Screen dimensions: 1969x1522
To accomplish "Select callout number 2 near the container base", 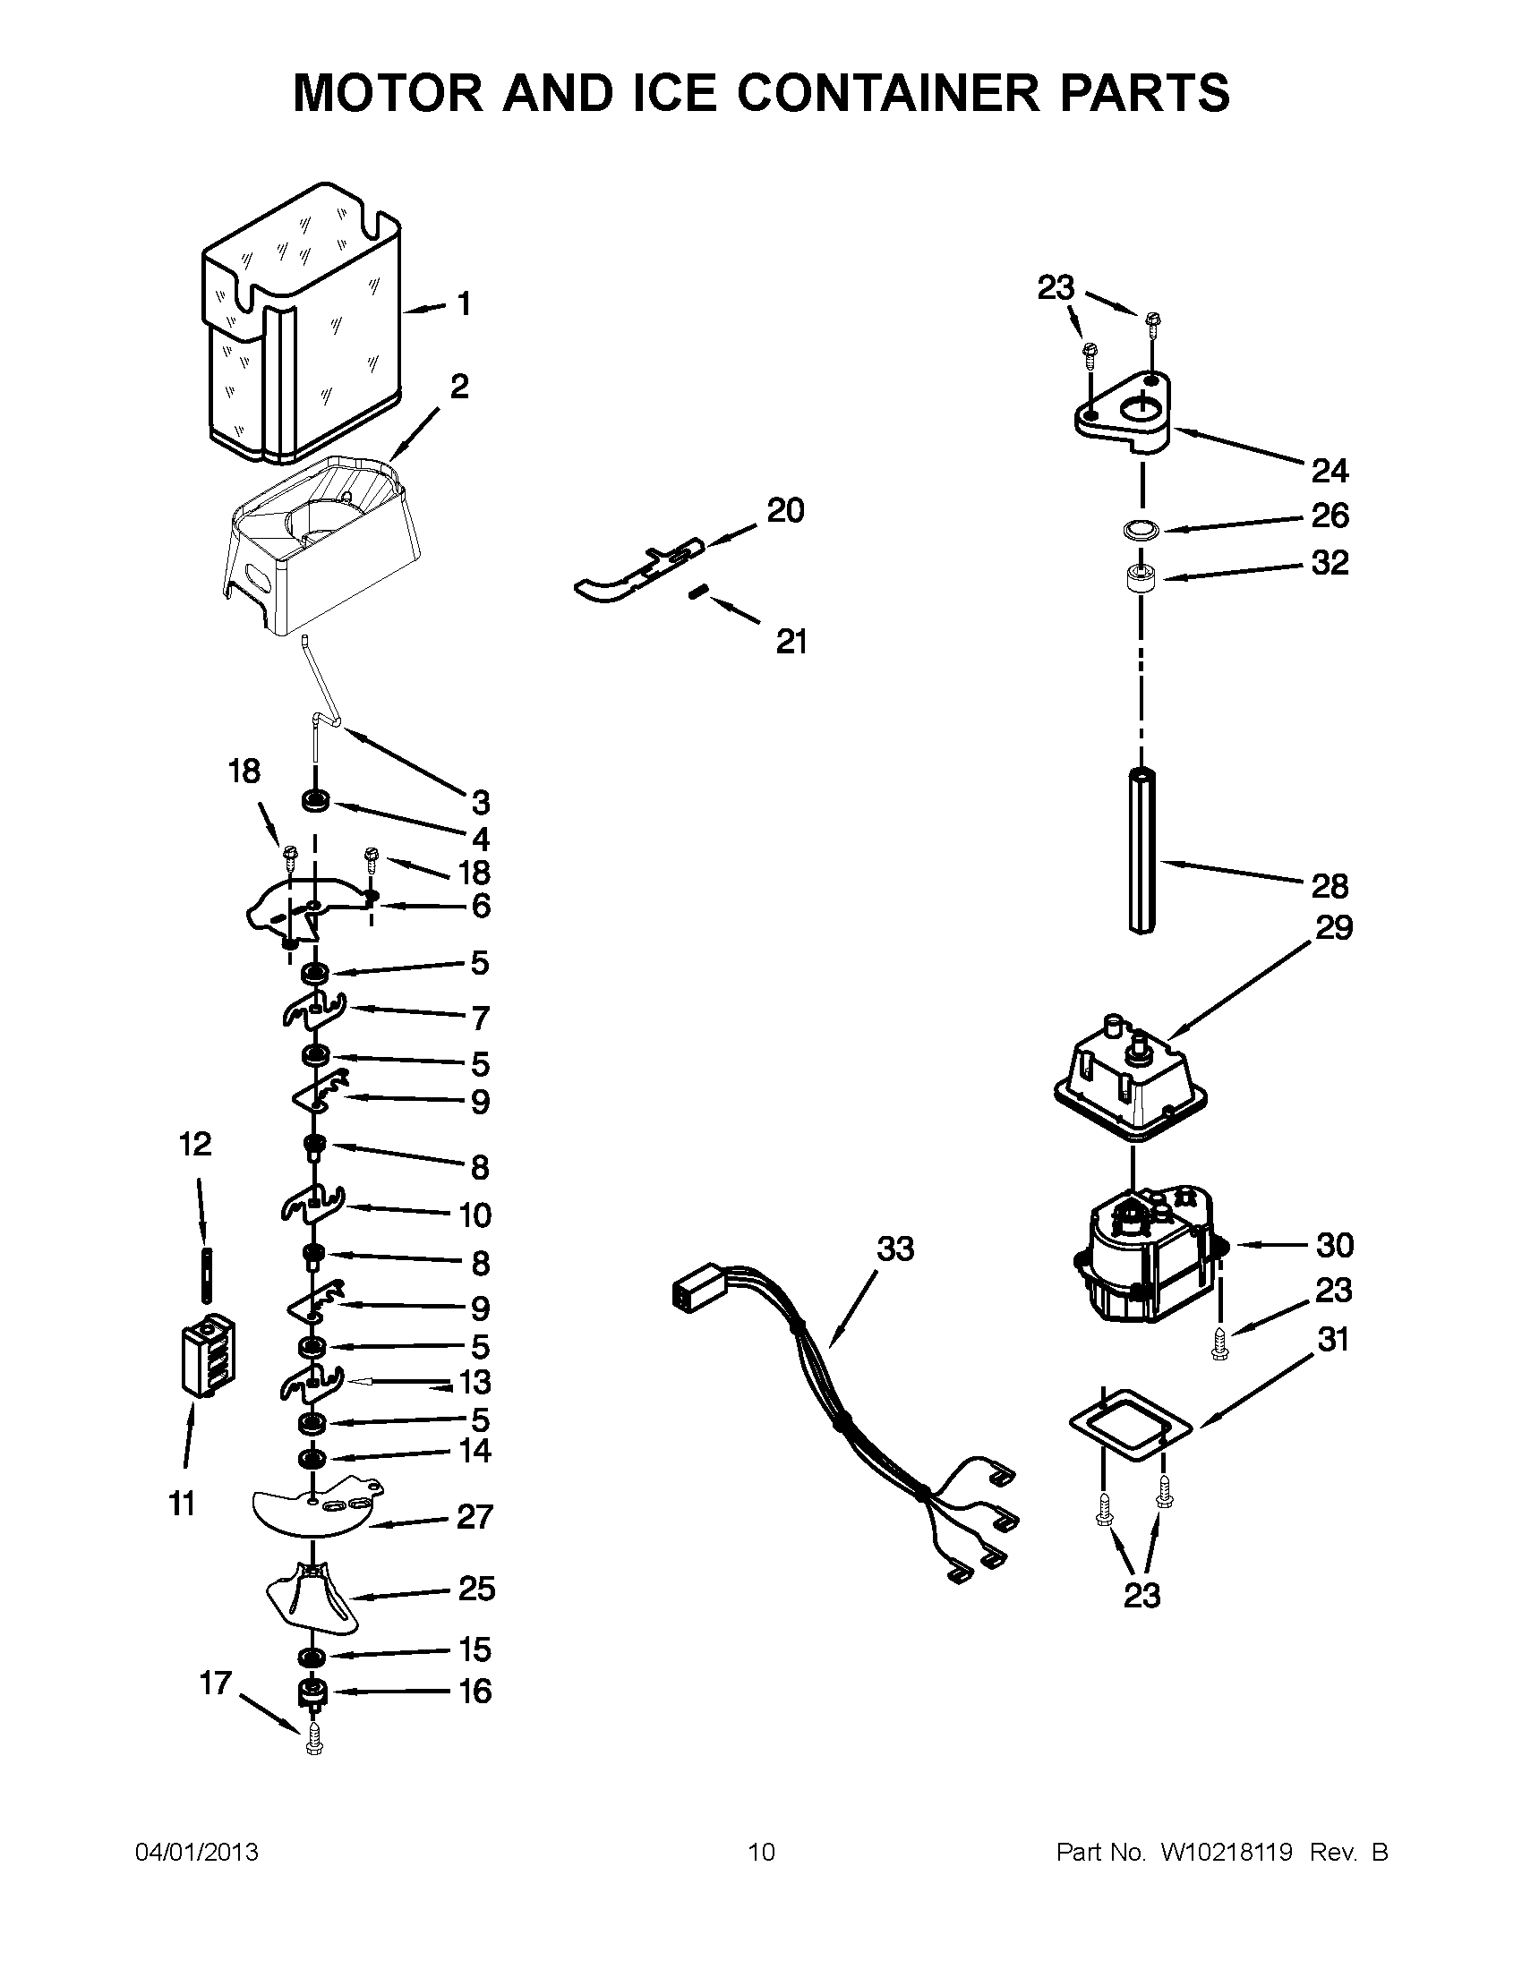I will pyautogui.click(x=459, y=388).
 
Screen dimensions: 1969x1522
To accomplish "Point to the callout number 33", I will pyautogui.click(x=895, y=1249).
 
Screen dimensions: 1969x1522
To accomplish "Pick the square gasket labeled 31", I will pyautogui.click(x=1131, y=1425).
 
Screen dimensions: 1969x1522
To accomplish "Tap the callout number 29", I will pyautogui.click(x=1334, y=928).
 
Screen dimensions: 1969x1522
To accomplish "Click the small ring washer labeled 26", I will pyautogui.click(x=1141, y=530).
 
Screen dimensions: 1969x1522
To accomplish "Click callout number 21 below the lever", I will pyautogui.click(x=791, y=642).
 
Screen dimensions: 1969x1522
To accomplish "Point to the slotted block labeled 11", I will pyautogui.click(x=209, y=1359).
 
